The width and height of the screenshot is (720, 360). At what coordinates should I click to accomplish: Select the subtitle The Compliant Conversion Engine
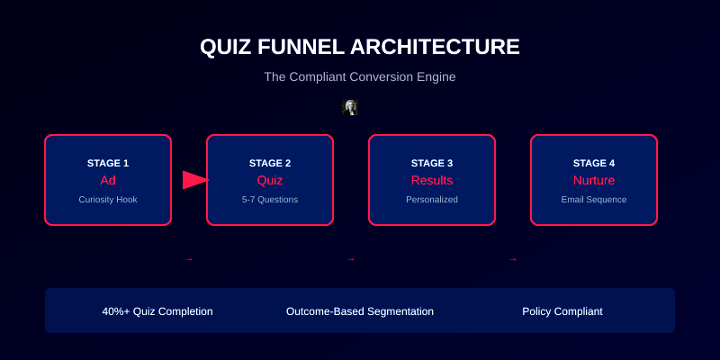(360, 77)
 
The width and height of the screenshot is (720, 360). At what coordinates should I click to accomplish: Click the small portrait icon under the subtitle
(350, 107)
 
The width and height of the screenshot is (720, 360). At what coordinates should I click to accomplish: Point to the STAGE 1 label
(108, 163)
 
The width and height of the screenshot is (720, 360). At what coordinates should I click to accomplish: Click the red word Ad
(108, 180)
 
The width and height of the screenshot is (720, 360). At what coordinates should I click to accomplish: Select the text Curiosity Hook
(108, 199)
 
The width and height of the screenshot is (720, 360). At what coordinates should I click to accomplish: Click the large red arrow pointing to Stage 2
(194, 180)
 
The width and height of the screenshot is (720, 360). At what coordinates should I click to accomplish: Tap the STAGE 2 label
(270, 163)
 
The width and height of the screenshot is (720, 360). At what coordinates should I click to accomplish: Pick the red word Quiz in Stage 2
(270, 180)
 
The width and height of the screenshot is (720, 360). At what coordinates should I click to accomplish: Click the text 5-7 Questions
(270, 199)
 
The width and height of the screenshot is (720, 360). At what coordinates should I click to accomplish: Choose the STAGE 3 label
(432, 163)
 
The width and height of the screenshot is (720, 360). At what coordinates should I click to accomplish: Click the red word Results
(432, 180)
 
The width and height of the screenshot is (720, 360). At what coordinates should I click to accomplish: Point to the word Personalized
(432, 199)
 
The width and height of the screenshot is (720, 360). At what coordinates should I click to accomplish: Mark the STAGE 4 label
(594, 163)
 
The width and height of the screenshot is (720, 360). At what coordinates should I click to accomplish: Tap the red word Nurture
(594, 180)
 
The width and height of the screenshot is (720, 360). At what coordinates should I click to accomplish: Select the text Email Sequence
(594, 199)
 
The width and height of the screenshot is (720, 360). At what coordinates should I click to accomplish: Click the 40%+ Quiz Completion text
(157, 311)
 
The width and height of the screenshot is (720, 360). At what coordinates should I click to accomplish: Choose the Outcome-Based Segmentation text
(360, 311)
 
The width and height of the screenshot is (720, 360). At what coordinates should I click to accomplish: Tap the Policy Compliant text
(562, 311)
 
